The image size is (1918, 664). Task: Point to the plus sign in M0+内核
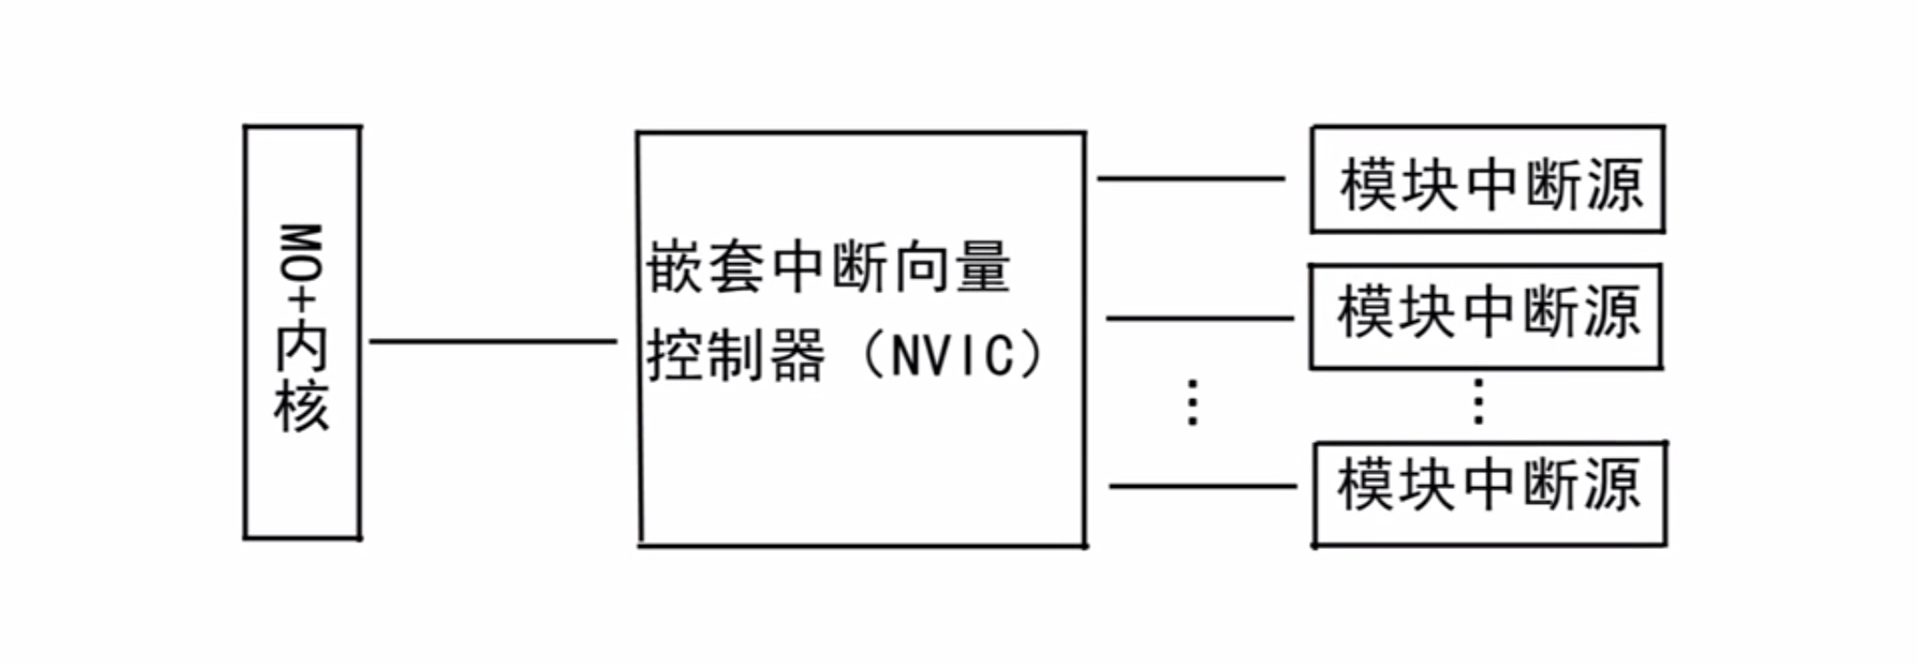[x=302, y=301]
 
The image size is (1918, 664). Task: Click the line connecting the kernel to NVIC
[x=494, y=341]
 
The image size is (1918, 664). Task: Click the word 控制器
[x=736, y=355]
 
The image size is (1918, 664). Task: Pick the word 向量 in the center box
[x=950, y=268]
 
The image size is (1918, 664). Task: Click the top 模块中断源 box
[x=1487, y=180]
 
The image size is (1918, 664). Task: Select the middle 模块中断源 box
[x=1485, y=316]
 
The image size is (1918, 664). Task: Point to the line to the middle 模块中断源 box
[x=1200, y=318]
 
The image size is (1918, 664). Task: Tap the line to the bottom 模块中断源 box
[x=1203, y=486]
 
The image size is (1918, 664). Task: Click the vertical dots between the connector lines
[x=1193, y=404]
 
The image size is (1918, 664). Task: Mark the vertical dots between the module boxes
[x=1478, y=403]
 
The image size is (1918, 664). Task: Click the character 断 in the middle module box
[x=1549, y=312]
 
